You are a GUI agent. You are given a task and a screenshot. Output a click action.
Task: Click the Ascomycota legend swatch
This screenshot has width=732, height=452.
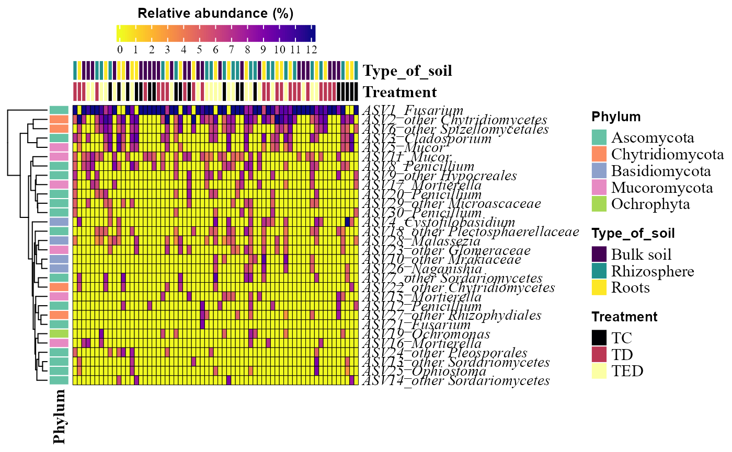(600, 138)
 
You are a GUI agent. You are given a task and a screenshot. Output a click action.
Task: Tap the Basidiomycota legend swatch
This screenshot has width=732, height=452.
(600, 171)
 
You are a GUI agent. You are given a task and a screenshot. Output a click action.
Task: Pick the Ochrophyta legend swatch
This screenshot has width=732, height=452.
(600, 204)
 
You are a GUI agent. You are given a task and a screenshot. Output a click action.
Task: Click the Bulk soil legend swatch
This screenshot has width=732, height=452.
(600, 254)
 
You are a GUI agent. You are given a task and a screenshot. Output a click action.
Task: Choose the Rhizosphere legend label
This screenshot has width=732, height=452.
(653, 271)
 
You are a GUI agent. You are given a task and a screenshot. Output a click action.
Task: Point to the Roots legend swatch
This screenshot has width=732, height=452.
(600, 287)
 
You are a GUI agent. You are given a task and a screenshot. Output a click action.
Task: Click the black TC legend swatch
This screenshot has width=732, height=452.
(600, 338)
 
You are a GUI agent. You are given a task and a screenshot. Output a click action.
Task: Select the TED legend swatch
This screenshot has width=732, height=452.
(600, 371)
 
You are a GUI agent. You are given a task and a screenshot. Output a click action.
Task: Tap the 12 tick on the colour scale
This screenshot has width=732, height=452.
(312, 50)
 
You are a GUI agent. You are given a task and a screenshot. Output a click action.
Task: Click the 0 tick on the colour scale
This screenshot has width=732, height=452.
(120, 50)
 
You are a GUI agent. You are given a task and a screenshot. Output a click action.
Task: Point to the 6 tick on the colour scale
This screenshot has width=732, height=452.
(215, 50)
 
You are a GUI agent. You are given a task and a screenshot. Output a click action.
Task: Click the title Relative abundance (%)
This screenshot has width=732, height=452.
(215, 14)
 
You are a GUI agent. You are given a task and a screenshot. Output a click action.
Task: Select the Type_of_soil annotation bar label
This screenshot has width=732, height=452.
(408, 71)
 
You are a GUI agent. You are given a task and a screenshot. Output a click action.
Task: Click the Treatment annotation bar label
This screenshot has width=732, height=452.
(400, 92)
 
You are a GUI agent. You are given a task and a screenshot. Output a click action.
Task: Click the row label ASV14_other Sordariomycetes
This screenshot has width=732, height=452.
(456, 381)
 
